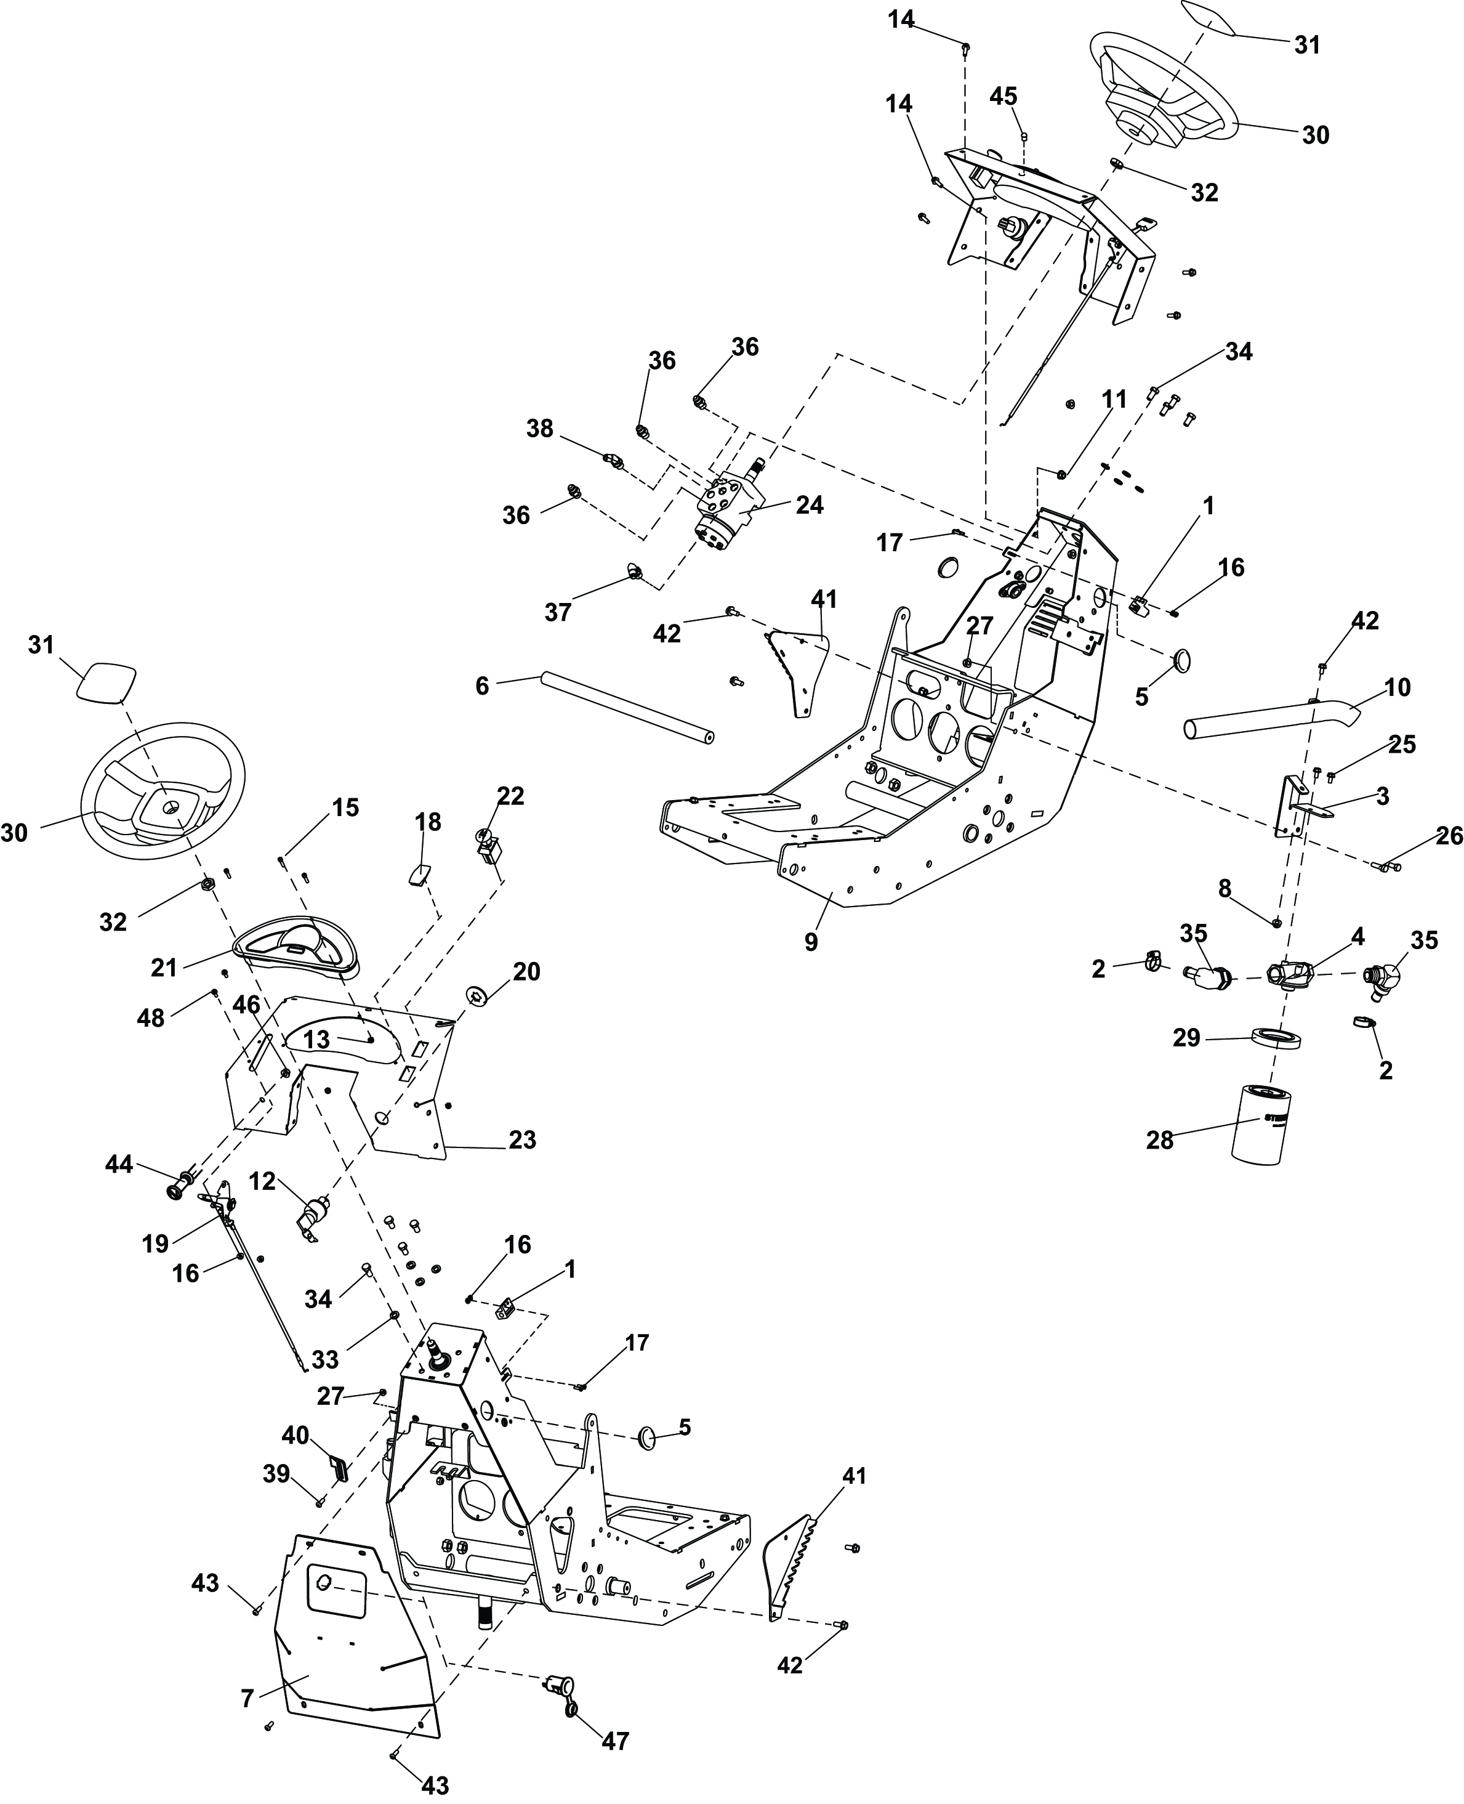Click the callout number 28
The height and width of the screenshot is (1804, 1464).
pyautogui.click(x=1159, y=1140)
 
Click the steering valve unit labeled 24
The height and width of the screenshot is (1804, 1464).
pyautogui.click(x=728, y=509)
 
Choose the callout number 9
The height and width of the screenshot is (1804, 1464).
pyautogui.click(x=810, y=942)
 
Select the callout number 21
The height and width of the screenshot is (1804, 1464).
pyautogui.click(x=164, y=967)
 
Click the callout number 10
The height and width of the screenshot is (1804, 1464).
pyautogui.click(x=1398, y=688)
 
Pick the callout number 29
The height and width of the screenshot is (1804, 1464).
pyautogui.click(x=1186, y=1037)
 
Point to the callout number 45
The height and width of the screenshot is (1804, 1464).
pyautogui.click(x=1003, y=96)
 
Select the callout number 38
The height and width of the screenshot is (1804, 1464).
pyautogui.click(x=540, y=429)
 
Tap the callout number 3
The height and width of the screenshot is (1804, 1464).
pyautogui.click(x=1382, y=796)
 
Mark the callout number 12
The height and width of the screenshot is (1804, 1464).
pyautogui.click(x=262, y=1182)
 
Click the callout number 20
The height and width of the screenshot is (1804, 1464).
pyautogui.click(x=526, y=971)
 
